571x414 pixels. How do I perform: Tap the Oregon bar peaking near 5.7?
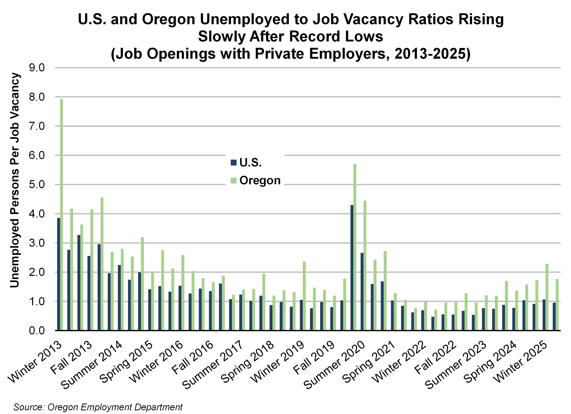tap(355, 247)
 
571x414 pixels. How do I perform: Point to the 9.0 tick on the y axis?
tap(37, 68)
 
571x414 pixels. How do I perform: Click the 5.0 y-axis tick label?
tap(37, 185)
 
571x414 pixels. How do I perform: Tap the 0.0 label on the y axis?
tap(37, 330)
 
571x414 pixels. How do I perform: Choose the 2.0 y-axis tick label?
tap(37, 272)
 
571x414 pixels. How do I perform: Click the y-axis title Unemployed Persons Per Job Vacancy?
tap(15, 180)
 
